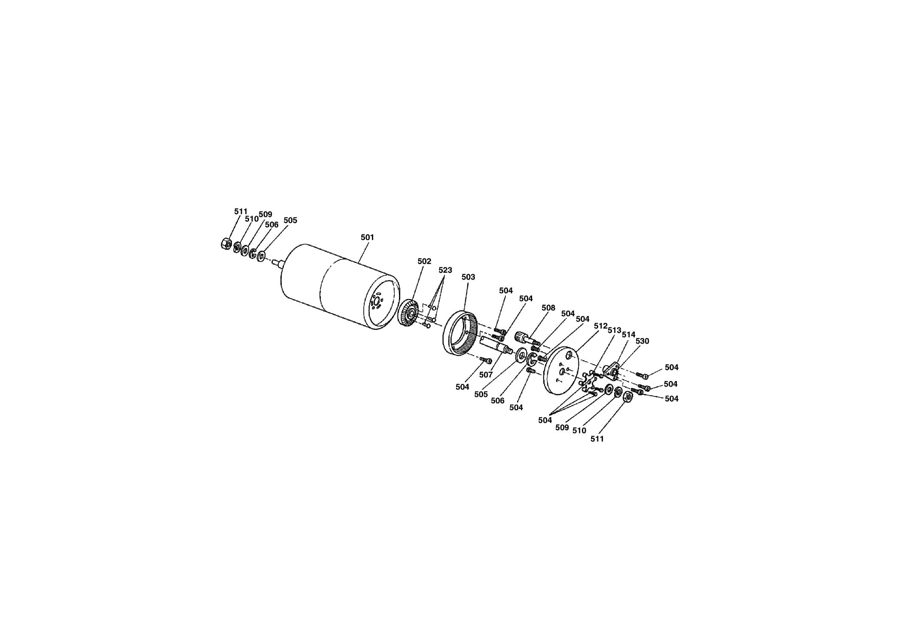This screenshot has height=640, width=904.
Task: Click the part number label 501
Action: coord(367,237)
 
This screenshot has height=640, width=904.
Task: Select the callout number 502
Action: coord(424,261)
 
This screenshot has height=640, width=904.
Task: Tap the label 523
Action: coord(445,270)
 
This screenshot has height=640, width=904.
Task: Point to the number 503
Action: coord(468,277)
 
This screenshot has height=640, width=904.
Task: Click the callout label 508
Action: coord(548,308)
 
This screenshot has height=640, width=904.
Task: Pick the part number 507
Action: coord(486,375)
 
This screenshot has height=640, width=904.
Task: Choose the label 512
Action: coord(600,326)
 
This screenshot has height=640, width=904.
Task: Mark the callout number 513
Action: coord(615,330)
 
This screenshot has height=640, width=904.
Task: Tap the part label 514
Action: coord(628,335)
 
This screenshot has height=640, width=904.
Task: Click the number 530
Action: coord(642,341)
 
